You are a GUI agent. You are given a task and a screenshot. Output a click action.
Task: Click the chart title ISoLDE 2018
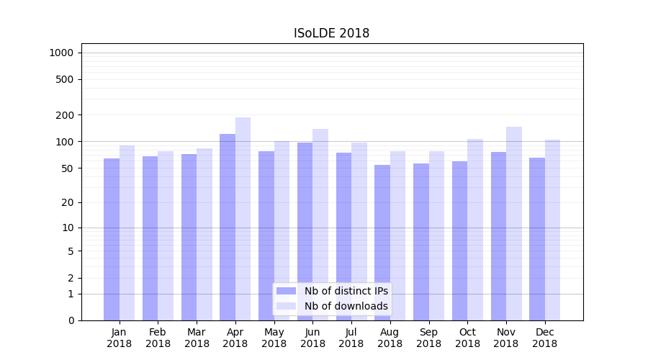pyautogui.click(x=331, y=33)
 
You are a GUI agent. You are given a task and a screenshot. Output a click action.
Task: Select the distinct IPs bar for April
pyautogui.click(x=228, y=227)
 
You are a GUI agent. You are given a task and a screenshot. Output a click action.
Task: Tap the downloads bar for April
pyautogui.click(x=243, y=219)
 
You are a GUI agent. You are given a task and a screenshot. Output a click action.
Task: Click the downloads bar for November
pyautogui.click(x=514, y=223)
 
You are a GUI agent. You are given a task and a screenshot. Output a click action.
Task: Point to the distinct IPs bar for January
pyautogui.click(x=112, y=239)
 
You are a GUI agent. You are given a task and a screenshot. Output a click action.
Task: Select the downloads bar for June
pyautogui.click(x=320, y=225)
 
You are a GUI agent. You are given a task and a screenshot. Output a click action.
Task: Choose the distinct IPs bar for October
pyautogui.click(x=460, y=240)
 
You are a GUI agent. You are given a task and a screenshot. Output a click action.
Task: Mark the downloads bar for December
pyautogui.click(x=553, y=230)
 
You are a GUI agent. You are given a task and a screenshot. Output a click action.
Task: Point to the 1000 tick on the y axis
pyautogui.click(x=61, y=53)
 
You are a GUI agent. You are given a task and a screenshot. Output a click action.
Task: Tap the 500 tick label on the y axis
pyautogui.click(x=64, y=79)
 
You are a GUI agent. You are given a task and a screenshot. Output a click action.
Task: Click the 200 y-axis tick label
pyautogui.click(x=64, y=115)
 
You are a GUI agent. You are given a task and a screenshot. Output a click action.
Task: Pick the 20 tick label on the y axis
pyautogui.click(x=67, y=202)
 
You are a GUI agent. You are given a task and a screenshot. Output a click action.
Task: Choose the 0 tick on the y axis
pyautogui.click(x=70, y=320)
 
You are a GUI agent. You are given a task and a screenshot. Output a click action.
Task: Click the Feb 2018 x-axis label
pyautogui.click(x=158, y=338)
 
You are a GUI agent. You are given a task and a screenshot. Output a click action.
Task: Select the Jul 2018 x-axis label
pyautogui.click(x=351, y=338)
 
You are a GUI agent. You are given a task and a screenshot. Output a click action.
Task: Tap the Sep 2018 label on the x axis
pyautogui.click(x=428, y=338)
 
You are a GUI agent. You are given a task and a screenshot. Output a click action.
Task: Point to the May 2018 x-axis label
pyautogui.click(x=274, y=338)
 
